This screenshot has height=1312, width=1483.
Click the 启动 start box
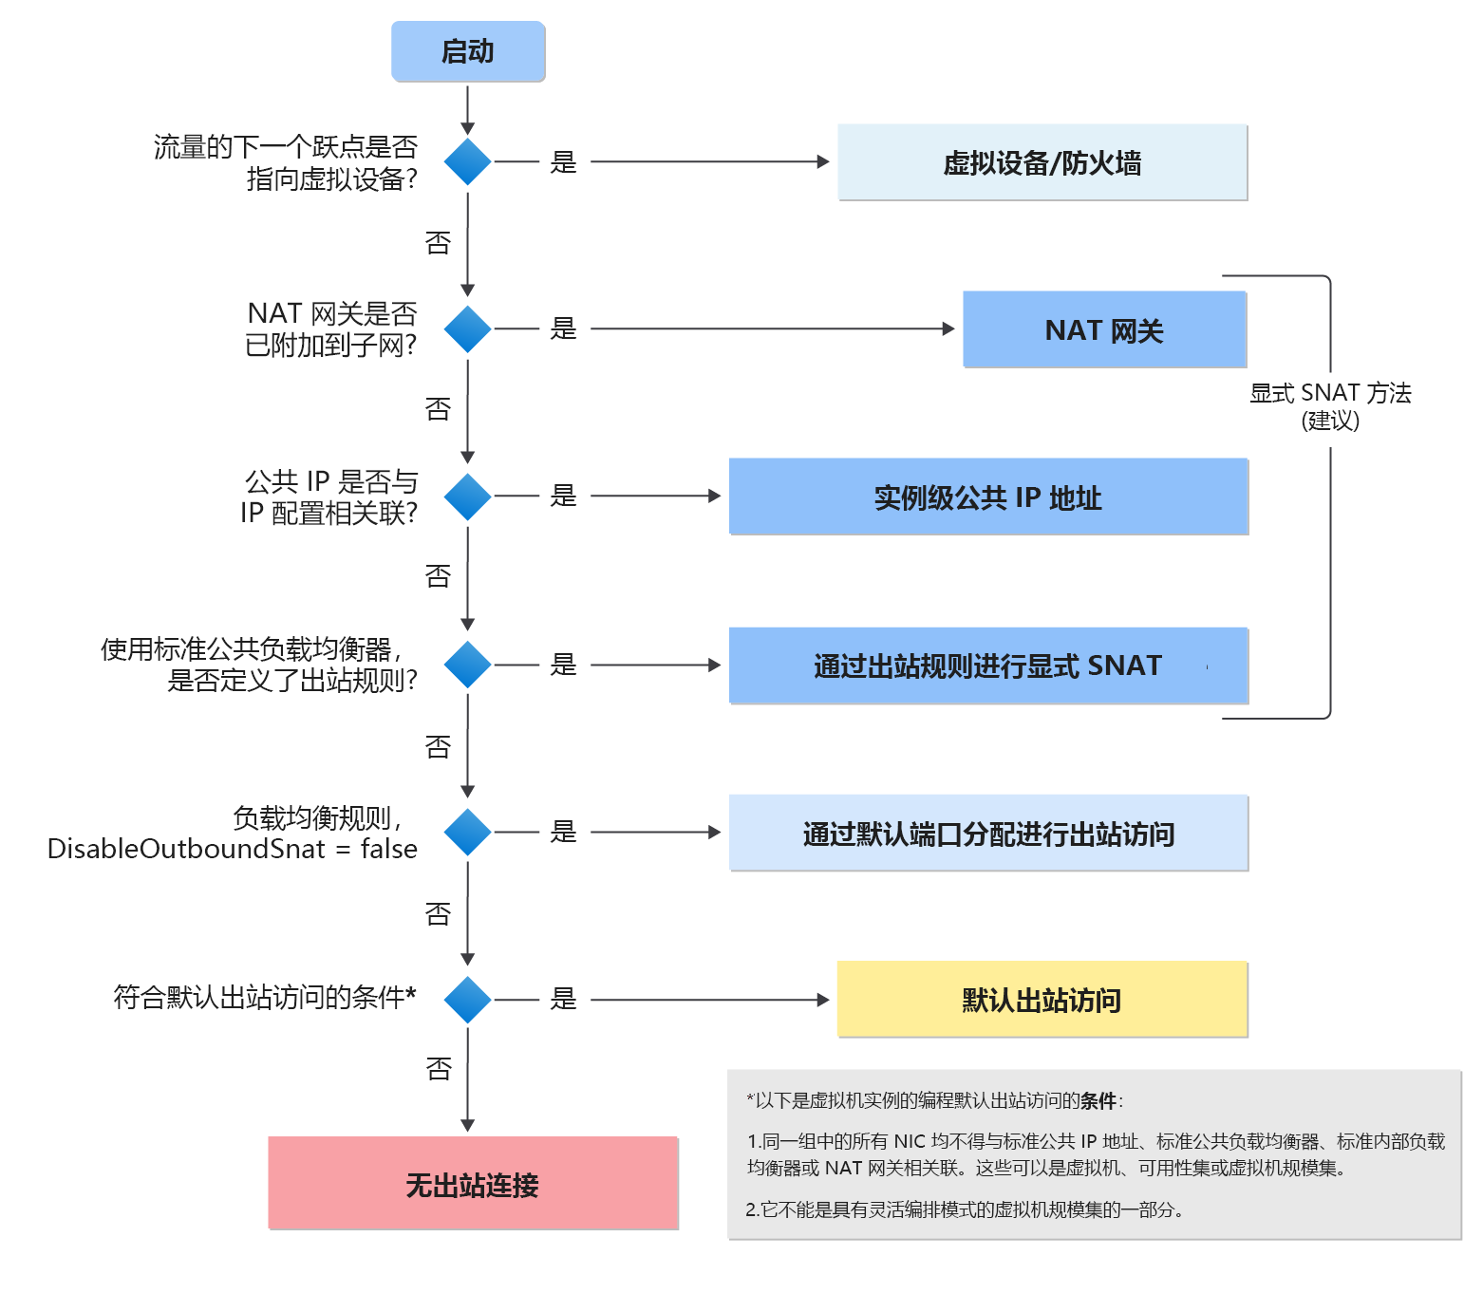click(x=468, y=51)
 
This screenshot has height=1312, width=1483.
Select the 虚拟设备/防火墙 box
click(x=1042, y=162)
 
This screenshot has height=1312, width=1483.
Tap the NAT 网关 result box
click(x=1104, y=329)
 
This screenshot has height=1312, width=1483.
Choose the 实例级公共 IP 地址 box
click(x=987, y=497)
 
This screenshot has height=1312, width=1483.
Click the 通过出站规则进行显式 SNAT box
click(x=987, y=665)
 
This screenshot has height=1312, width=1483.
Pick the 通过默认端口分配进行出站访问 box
click(x=987, y=833)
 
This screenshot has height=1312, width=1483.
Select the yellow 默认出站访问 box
click(x=1042, y=1000)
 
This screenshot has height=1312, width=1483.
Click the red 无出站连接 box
click(x=473, y=1184)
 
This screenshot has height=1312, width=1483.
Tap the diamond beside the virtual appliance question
click(x=468, y=162)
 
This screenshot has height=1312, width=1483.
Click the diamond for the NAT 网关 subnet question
click(x=468, y=329)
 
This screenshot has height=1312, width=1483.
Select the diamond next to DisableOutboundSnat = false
click(x=468, y=833)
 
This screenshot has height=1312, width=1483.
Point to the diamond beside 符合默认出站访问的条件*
click(x=468, y=1000)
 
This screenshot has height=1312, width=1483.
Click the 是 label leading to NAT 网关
click(x=564, y=329)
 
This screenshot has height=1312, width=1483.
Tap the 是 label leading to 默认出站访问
click(x=564, y=1000)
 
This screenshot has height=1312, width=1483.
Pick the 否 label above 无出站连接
click(x=439, y=1070)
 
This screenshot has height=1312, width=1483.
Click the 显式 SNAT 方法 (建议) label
click(x=1330, y=405)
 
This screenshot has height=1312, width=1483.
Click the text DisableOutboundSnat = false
click(x=233, y=849)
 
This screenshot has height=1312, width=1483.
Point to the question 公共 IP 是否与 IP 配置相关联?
click(x=329, y=497)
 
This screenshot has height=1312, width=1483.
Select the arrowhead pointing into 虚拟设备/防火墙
click(x=824, y=162)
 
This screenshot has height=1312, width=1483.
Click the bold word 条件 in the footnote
click(x=1098, y=1101)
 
